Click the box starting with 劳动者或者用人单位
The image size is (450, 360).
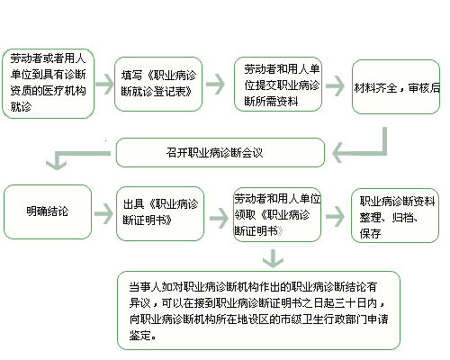48,84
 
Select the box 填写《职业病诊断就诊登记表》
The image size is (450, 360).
158,84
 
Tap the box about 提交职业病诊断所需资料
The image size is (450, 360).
278,84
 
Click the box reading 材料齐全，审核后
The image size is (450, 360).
396,86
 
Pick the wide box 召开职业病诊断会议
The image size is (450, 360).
220,152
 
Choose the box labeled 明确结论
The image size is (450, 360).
48,211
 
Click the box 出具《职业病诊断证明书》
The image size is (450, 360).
160,213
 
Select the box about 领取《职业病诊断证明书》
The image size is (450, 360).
277,214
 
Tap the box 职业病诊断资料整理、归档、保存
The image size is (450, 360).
395,215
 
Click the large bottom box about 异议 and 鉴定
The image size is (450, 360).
258,310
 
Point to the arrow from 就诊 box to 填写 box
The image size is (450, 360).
104,84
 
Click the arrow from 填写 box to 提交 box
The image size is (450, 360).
215,84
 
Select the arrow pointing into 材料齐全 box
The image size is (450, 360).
335,86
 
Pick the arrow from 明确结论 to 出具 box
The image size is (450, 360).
103,213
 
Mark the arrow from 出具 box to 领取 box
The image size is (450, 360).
219,218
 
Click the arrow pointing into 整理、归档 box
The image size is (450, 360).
335,216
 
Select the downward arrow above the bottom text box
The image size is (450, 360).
273,258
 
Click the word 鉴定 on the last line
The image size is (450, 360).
140,336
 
